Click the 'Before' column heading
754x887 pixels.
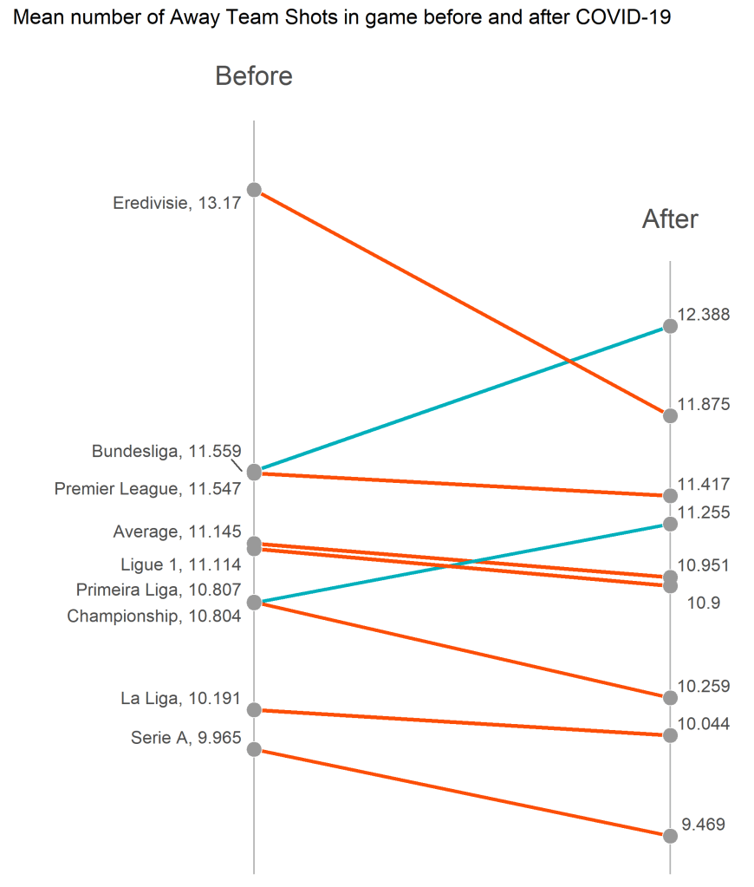253,76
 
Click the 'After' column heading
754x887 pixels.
669,219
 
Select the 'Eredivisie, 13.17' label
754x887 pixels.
177,204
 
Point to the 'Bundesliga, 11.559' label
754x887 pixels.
166,451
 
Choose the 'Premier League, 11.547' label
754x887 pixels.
147,489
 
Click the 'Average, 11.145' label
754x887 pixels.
177,532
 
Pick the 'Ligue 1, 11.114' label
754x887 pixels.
180,564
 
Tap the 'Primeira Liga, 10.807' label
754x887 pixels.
158,590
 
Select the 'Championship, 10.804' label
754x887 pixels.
153,616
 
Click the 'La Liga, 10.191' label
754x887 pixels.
180,698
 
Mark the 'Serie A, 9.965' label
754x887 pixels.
186,739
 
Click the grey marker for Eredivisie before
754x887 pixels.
254,189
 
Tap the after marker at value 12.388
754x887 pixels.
669,326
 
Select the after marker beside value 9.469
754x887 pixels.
669,836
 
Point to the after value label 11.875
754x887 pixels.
703,404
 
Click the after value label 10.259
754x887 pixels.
703,687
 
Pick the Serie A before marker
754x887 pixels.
254,749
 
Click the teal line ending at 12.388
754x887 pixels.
459,399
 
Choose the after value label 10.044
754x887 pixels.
703,724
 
